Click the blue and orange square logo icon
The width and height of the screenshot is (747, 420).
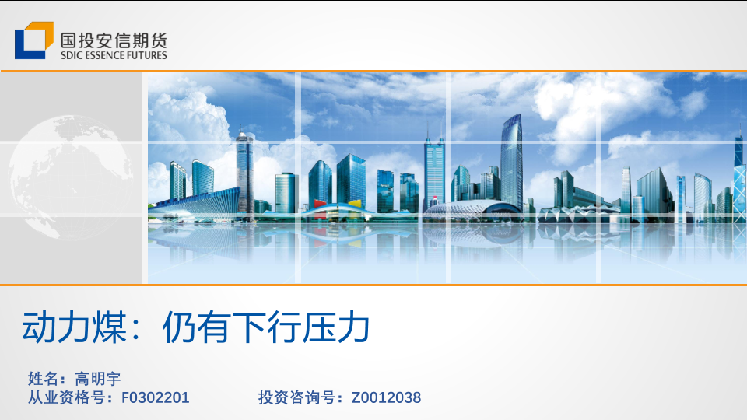[x=33, y=40]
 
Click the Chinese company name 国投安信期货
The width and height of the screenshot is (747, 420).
[x=114, y=40]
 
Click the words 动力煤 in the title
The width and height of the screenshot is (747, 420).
[x=75, y=327]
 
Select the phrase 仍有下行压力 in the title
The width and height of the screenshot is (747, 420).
[x=266, y=327]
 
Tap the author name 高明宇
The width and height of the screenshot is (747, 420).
[x=98, y=379]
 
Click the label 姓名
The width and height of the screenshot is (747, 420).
[x=44, y=379]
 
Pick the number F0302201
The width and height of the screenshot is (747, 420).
[x=156, y=397]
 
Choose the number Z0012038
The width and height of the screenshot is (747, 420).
[x=386, y=397]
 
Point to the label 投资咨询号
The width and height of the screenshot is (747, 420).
[x=296, y=397]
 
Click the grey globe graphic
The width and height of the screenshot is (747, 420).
[x=71, y=177]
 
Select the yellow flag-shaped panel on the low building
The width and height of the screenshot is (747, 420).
[x=355, y=204]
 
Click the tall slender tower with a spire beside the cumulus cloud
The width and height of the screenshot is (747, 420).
[x=244, y=171]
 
